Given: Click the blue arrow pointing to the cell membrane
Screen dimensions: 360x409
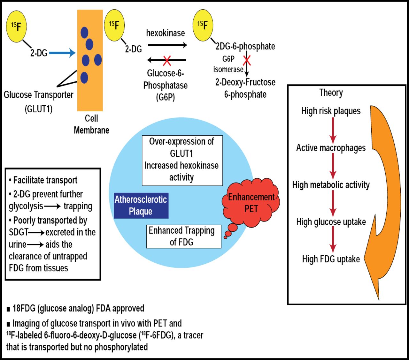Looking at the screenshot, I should [62, 53].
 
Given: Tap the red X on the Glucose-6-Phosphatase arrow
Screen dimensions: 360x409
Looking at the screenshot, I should [167, 60].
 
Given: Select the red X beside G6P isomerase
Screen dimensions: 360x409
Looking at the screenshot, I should [247, 60].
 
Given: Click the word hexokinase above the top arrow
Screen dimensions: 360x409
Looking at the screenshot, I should [166, 33].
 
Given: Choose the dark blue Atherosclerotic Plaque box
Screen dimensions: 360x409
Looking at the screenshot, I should [141, 206].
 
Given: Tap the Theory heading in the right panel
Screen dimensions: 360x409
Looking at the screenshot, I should [331, 93].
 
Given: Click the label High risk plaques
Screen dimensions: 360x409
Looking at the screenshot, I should [331, 111].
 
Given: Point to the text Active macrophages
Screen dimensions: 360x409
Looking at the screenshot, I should [331, 148].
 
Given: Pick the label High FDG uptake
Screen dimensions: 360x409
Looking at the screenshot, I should [331, 259].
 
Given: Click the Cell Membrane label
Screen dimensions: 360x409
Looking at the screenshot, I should [91, 124].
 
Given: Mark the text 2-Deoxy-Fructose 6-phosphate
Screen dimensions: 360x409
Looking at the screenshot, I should [245, 88].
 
